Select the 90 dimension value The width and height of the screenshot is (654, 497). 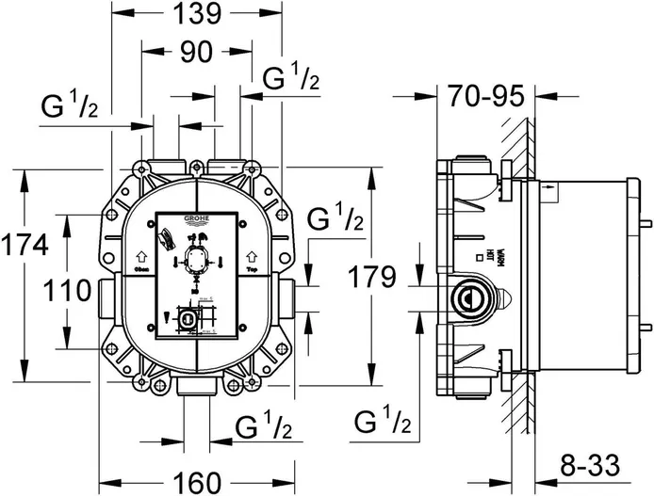(x=195, y=55)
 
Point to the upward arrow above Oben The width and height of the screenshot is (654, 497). (x=141, y=254)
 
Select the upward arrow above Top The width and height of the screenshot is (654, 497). (x=252, y=254)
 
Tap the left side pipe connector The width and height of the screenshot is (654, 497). (x=103, y=298)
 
